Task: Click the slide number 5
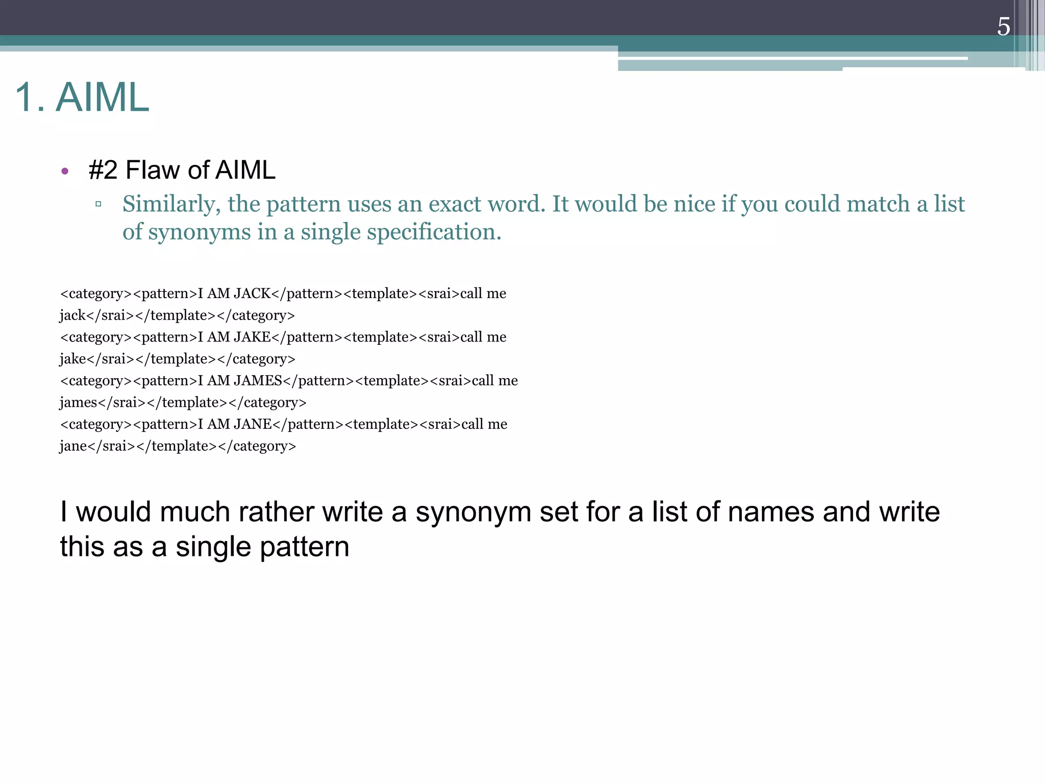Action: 1003,27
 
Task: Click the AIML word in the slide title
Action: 102,97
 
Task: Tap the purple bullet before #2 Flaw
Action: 65,171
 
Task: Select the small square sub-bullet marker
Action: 98,204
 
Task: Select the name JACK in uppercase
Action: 252,293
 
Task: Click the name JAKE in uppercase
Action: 252,337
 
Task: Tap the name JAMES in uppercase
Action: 258,381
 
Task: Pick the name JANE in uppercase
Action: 253,424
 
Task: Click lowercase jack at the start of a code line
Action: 72,315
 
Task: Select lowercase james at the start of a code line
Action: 78,403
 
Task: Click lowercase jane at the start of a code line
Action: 73,446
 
